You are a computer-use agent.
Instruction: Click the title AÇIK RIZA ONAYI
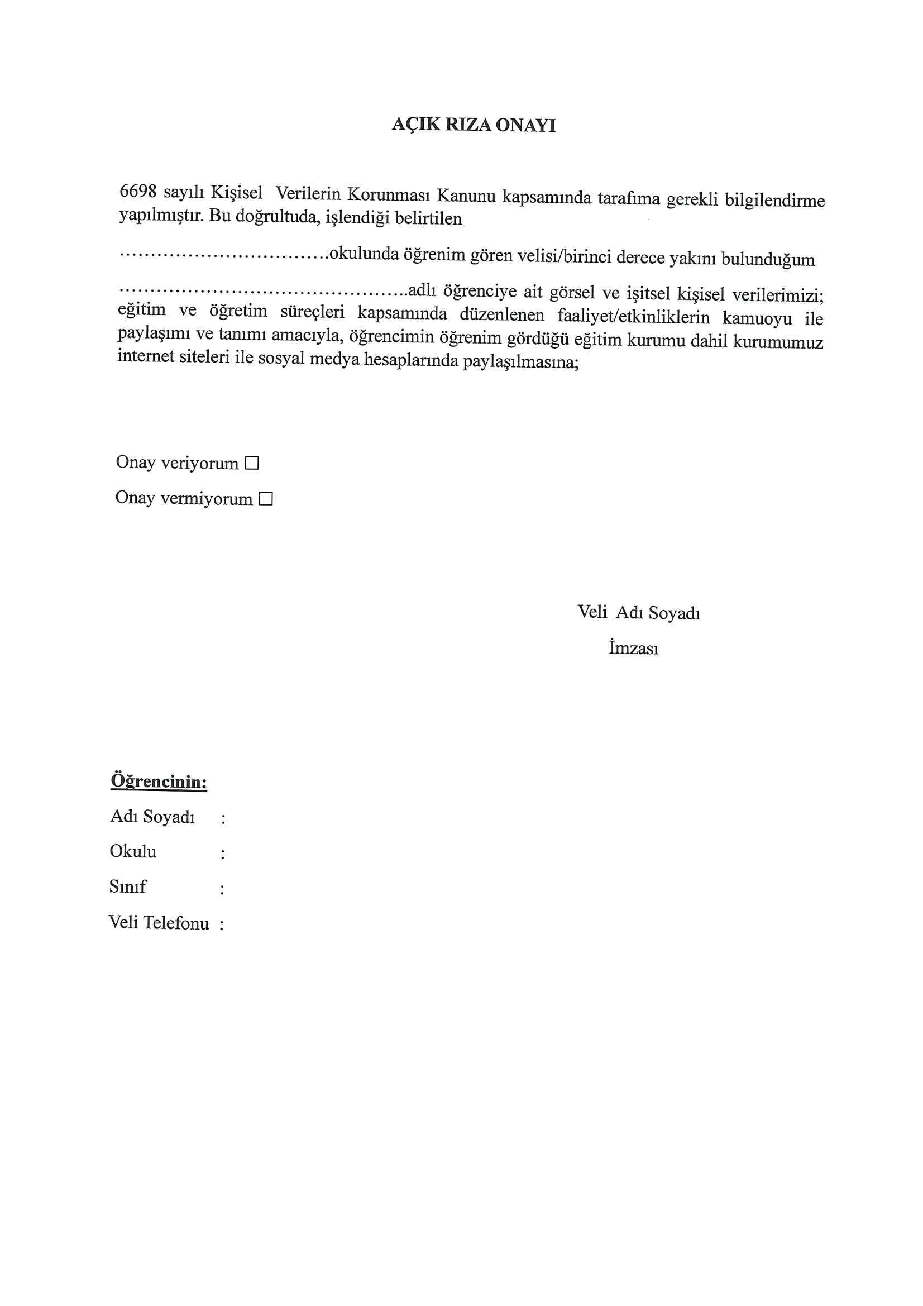473,125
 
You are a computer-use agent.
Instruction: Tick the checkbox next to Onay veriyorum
251,463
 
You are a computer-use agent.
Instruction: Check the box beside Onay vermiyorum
266,499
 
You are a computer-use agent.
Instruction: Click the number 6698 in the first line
137,191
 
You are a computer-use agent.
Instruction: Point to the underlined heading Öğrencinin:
159,781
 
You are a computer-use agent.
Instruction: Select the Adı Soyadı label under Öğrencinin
152,817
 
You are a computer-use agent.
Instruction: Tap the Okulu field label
133,851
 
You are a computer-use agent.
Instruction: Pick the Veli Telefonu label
159,923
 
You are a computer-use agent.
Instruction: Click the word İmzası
633,648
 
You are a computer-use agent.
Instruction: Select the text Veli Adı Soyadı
638,613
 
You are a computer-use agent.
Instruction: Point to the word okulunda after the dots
364,254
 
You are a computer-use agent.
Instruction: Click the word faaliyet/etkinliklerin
633,316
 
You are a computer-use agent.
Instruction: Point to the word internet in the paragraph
145,356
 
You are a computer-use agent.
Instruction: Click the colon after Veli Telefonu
221,924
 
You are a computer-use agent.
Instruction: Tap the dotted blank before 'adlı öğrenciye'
262,290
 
